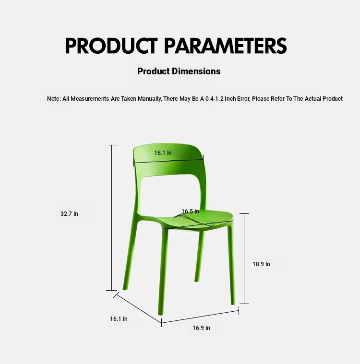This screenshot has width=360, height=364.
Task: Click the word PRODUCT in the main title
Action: tap(111, 46)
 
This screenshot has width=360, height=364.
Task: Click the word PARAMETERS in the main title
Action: tap(226, 46)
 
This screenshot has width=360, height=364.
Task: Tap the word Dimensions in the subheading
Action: tap(196, 71)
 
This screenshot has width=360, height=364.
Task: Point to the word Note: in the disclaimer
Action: tap(54, 99)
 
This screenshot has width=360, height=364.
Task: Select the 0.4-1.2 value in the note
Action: tap(214, 99)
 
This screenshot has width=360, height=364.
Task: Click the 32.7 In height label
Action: tap(69, 214)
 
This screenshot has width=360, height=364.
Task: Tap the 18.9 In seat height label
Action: tap(261, 264)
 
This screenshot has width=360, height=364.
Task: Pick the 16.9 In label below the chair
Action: tap(201, 328)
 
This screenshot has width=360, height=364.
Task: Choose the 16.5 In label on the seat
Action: tap(191, 211)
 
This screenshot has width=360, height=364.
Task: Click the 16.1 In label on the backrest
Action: tap(163, 153)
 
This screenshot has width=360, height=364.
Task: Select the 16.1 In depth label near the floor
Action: tap(119, 319)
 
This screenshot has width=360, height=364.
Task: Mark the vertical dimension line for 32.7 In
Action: tap(112, 218)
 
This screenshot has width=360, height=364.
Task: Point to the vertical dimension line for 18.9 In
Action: tap(244, 258)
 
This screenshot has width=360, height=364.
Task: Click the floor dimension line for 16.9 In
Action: tap(200, 317)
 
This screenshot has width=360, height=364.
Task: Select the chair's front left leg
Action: tap(163, 271)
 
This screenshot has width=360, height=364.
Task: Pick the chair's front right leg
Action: tap(231, 265)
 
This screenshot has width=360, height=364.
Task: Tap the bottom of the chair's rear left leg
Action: tap(125, 289)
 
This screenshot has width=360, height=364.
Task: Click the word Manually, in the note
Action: tap(149, 99)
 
